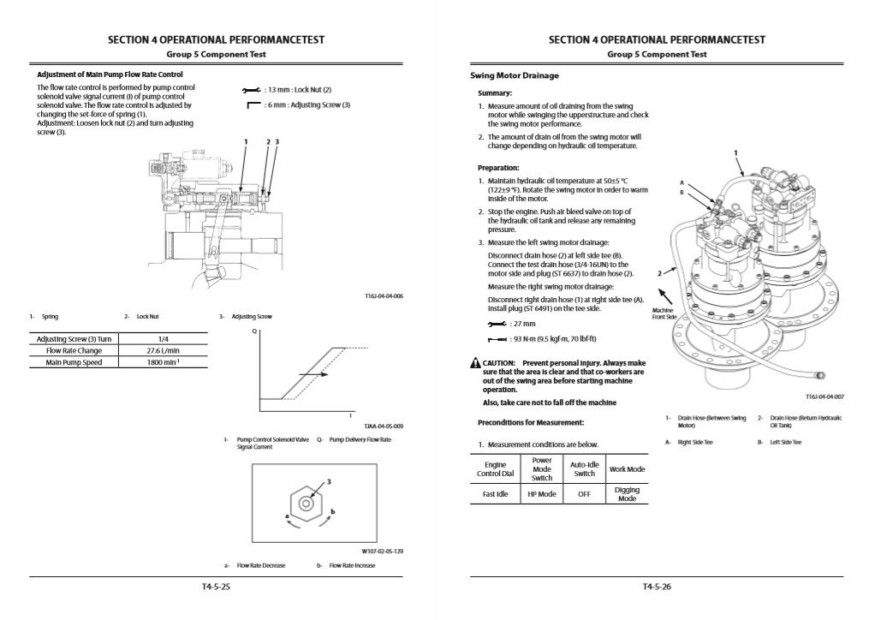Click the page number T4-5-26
657,587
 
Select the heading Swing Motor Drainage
515,75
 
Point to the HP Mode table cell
542,494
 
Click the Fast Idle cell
496,494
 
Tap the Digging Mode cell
628,494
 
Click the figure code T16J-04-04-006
384,296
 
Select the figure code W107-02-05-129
383,551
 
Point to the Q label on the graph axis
254,331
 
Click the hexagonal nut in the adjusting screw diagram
305,504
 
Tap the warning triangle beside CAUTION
475,363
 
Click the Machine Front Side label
664,313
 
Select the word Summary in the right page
495,92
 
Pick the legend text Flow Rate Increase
352,565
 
